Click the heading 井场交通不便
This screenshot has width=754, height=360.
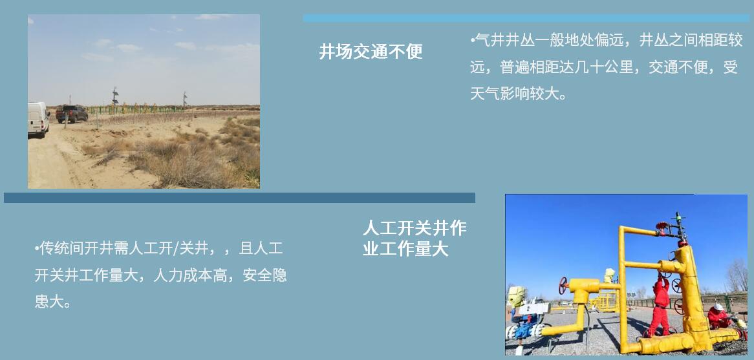(x=371, y=52)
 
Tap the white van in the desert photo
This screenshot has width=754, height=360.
(x=38, y=118)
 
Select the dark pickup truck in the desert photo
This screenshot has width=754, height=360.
(x=72, y=113)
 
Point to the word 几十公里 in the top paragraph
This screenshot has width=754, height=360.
(x=603, y=67)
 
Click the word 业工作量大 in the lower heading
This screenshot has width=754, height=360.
(x=405, y=249)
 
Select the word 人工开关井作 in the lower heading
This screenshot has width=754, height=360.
(x=414, y=228)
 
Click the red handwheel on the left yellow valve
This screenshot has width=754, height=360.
(x=563, y=283)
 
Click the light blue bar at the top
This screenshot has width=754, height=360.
(x=526, y=18)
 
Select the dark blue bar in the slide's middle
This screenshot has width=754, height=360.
(x=239, y=198)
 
